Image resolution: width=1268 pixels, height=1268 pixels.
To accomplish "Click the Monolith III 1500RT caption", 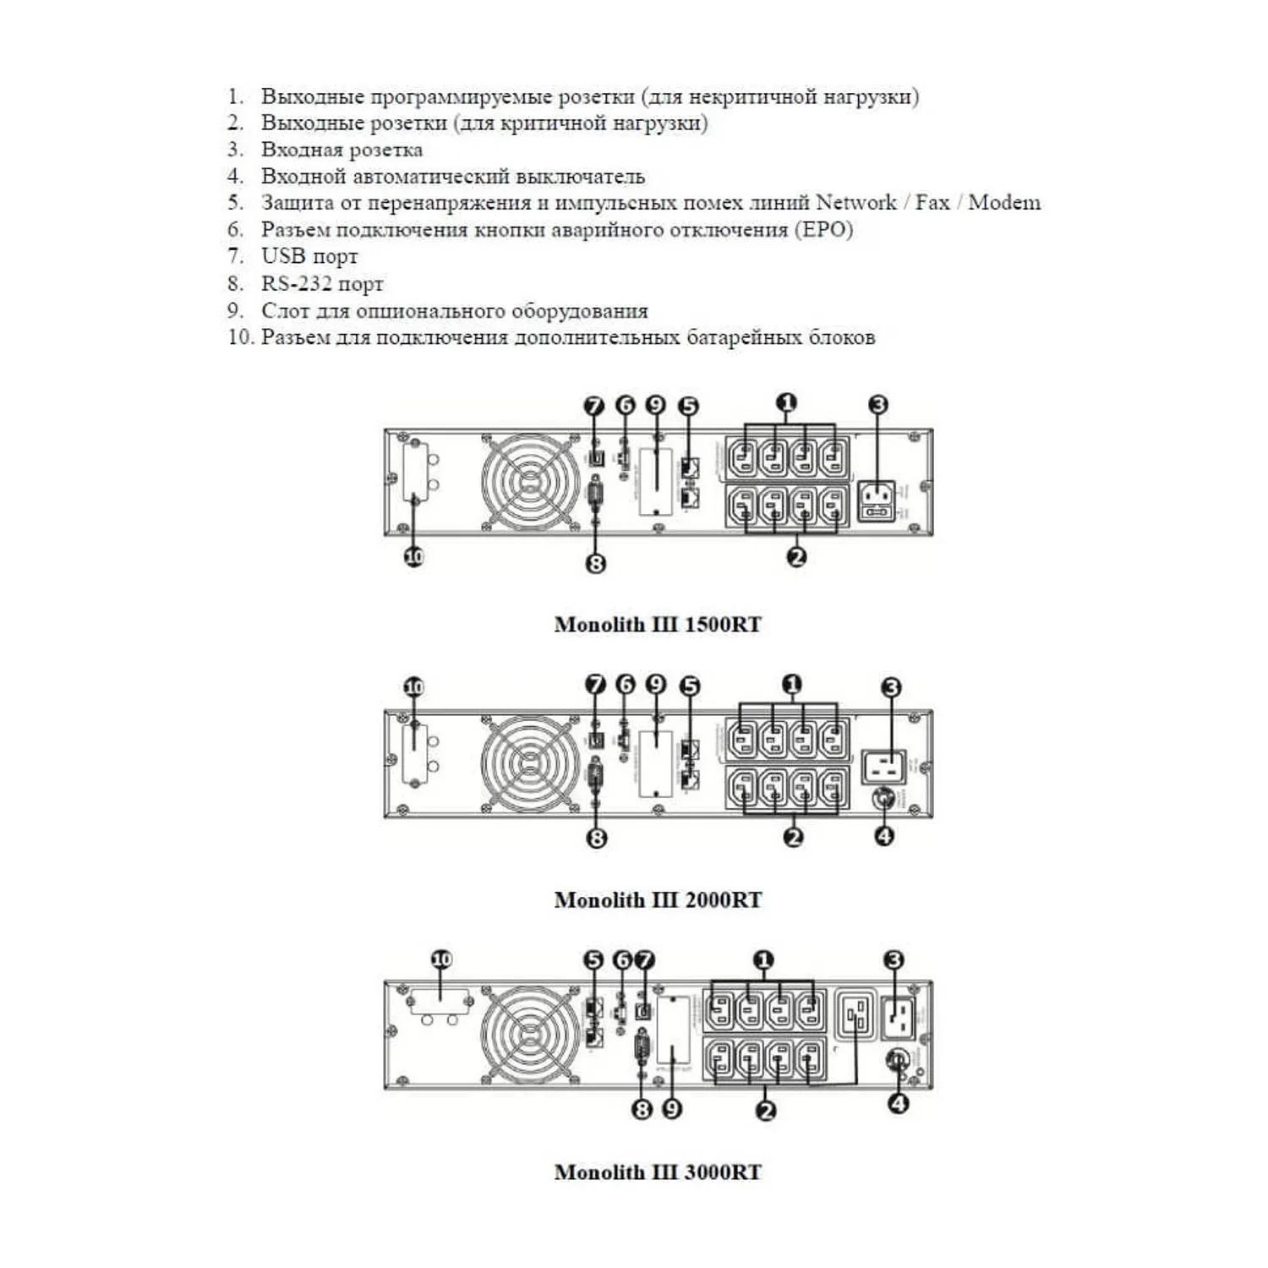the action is tap(658, 625).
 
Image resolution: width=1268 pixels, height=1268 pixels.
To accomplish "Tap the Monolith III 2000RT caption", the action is tap(658, 900).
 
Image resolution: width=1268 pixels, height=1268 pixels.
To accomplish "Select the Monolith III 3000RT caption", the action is tap(658, 1172).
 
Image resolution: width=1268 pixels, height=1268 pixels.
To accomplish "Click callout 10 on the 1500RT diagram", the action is tap(413, 557).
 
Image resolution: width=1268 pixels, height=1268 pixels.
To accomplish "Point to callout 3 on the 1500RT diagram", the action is tap(878, 405).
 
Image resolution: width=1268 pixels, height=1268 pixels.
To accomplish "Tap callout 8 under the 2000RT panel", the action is tap(597, 838).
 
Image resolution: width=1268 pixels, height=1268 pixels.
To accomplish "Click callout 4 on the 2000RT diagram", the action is tap(883, 836).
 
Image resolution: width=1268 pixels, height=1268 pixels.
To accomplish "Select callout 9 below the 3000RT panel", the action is tap(672, 1108).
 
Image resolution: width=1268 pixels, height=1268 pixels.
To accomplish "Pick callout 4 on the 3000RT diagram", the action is tap(898, 1103).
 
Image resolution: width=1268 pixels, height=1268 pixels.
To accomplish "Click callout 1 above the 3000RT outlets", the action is tap(763, 960).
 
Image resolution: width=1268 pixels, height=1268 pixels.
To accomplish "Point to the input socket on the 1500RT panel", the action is tap(877, 500).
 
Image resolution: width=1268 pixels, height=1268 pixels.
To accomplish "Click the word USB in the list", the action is tap(282, 256).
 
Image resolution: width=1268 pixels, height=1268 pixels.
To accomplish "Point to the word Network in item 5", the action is tap(855, 203).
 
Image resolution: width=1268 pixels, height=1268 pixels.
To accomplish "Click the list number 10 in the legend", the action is tap(240, 337).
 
